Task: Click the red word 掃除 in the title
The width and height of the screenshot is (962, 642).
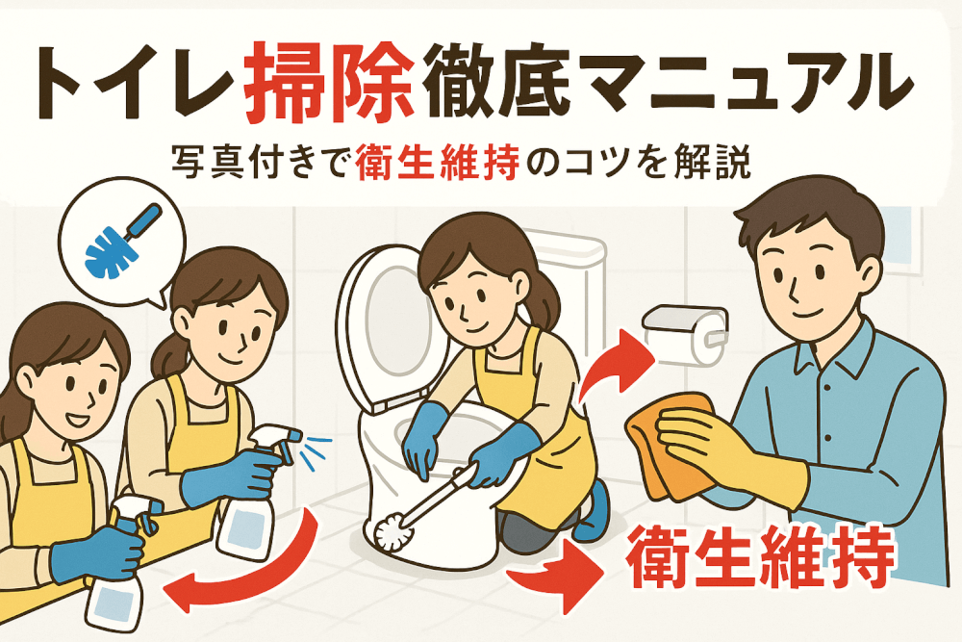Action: pos(328,82)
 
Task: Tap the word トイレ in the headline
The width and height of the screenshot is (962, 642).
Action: pos(132,83)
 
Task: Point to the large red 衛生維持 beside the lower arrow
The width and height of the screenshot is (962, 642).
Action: pos(760,556)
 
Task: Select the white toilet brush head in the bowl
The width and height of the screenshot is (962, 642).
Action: pos(392,531)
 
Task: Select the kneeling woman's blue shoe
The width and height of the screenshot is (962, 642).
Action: pos(592,512)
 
